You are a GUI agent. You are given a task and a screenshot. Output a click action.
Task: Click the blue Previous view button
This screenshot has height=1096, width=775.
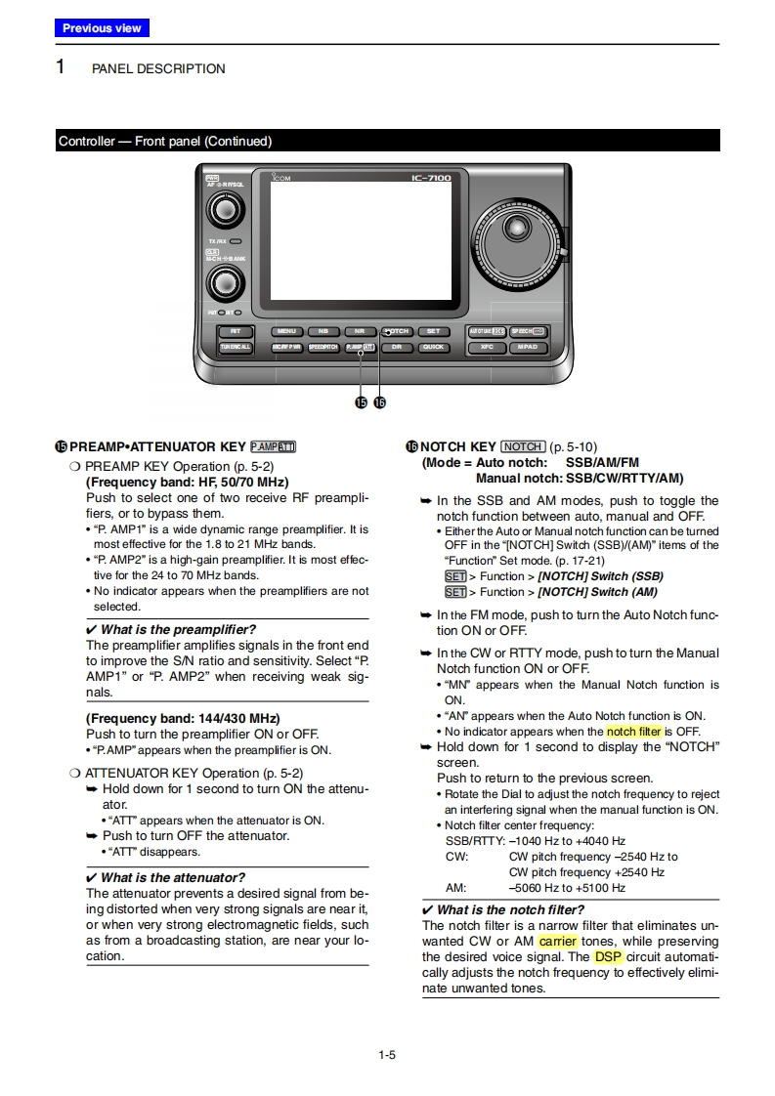(x=102, y=28)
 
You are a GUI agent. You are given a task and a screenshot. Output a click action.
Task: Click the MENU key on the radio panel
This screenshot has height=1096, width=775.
(x=285, y=331)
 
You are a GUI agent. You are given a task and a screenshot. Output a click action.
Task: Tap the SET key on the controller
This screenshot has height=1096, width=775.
(x=433, y=331)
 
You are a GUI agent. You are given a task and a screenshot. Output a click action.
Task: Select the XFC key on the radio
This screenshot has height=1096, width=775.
(x=487, y=347)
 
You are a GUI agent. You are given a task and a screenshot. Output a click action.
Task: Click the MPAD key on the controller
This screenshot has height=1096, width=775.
(x=527, y=347)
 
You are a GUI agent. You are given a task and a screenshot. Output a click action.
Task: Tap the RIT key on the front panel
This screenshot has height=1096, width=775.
(x=236, y=331)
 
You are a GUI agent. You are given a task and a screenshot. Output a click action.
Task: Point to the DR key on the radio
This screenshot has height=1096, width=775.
(x=396, y=347)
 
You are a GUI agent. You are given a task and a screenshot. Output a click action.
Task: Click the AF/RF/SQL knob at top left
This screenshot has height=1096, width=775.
(x=226, y=209)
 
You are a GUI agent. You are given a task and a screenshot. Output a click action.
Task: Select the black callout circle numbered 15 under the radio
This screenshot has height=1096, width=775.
(x=361, y=402)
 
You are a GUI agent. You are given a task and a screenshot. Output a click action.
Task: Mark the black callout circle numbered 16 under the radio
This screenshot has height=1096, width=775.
(x=379, y=402)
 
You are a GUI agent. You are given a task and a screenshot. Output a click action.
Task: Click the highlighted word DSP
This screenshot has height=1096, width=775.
(x=608, y=957)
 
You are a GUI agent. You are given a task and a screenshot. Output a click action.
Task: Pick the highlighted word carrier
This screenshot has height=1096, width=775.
(x=558, y=942)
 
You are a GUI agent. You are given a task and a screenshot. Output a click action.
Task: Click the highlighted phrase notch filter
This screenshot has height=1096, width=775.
(x=634, y=732)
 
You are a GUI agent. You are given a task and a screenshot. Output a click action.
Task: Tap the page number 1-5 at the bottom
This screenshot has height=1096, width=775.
(x=387, y=1054)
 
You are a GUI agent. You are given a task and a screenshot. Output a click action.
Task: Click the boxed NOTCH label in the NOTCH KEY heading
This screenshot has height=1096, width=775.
(x=523, y=446)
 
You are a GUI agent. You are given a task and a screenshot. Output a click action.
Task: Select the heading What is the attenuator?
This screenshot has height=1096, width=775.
(x=173, y=877)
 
